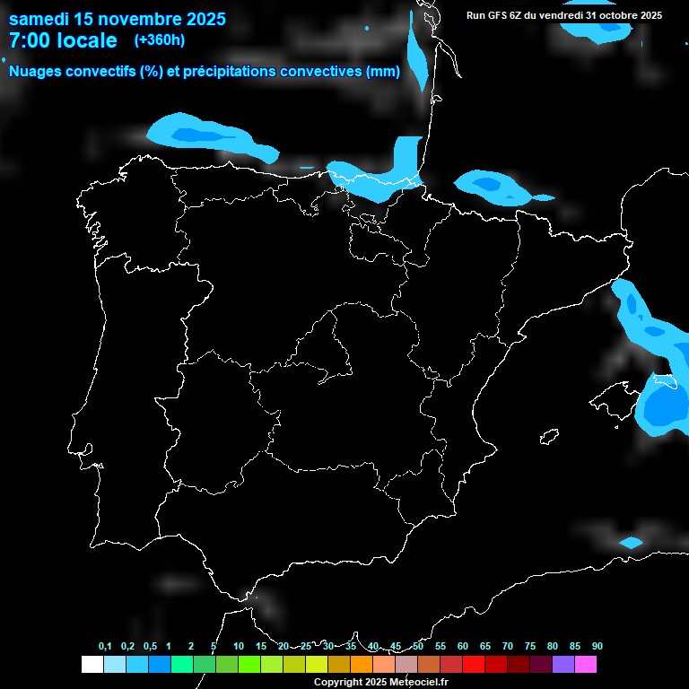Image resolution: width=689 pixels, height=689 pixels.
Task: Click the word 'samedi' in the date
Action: click(38, 19)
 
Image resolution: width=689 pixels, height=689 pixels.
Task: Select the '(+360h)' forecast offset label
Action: click(159, 40)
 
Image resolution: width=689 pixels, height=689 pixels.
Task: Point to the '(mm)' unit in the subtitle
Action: click(382, 72)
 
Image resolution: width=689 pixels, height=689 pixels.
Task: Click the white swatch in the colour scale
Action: click(92, 665)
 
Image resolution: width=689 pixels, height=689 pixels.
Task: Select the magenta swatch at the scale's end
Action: click(586, 665)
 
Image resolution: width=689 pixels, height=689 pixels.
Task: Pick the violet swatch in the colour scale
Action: click(563, 665)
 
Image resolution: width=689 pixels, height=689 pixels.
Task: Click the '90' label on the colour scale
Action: click(597, 646)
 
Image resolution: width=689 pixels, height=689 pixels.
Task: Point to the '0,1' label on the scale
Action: click(105, 646)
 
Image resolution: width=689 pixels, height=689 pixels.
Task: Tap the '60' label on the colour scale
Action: click(462, 646)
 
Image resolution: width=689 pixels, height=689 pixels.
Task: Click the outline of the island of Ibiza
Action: click(547, 437)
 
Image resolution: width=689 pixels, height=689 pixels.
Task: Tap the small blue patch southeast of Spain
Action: click(631, 543)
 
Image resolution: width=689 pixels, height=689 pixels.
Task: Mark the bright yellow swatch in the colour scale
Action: click(317, 665)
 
